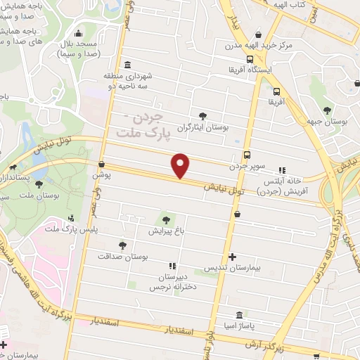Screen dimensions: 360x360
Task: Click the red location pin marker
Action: click(181, 166)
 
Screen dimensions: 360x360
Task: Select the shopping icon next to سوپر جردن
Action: click(247, 155)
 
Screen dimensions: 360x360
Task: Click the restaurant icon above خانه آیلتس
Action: click(283, 170)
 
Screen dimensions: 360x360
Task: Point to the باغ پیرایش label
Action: click(167, 230)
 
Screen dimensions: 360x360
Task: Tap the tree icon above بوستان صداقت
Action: click(123, 245)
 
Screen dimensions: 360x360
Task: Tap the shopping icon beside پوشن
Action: click(102, 165)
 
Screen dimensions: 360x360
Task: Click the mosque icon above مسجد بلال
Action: click(77, 33)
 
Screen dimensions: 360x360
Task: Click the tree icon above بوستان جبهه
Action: click(327, 110)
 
